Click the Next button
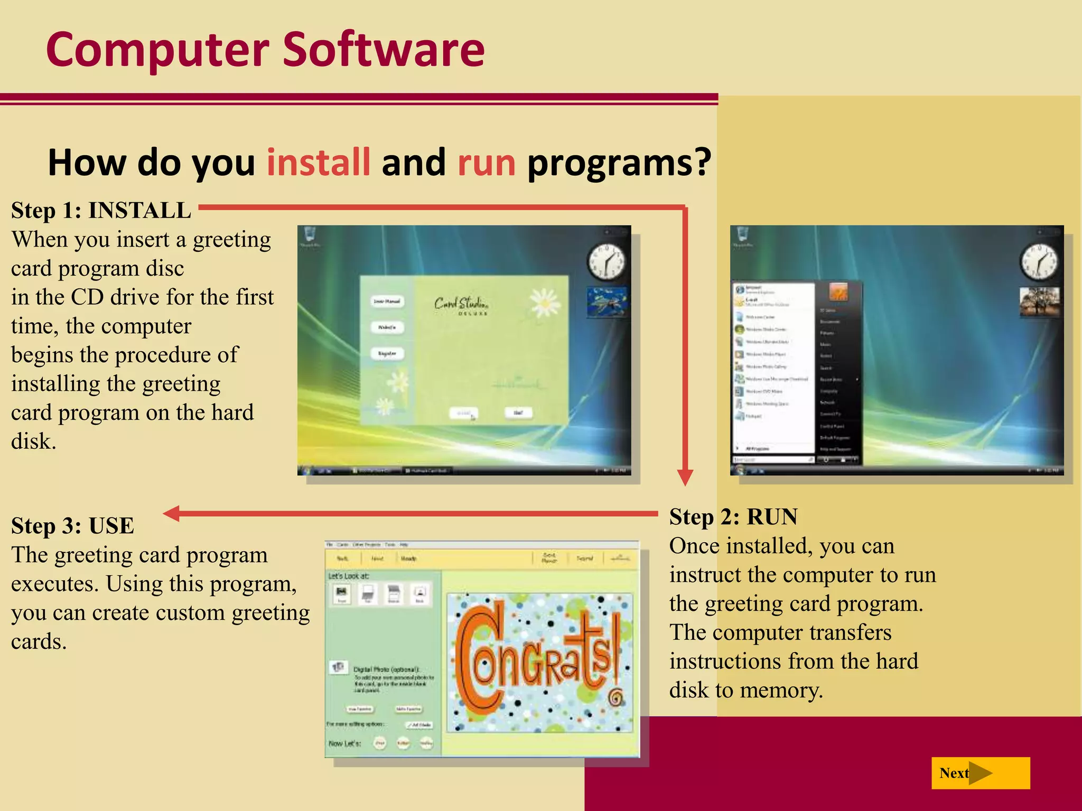(x=980, y=773)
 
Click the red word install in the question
(x=318, y=162)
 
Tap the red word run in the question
(x=486, y=163)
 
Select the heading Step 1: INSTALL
(x=101, y=210)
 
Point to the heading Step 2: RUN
(x=733, y=516)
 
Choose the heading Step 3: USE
(x=72, y=526)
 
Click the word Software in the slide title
(x=384, y=50)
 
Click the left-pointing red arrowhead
(x=172, y=513)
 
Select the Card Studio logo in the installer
(x=461, y=305)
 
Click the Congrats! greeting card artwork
(x=539, y=663)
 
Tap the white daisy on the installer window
(x=545, y=302)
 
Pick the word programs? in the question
(x=619, y=162)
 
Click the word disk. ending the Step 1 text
(x=33, y=441)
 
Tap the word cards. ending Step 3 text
(x=39, y=642)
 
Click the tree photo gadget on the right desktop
(x=1039, y=301)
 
